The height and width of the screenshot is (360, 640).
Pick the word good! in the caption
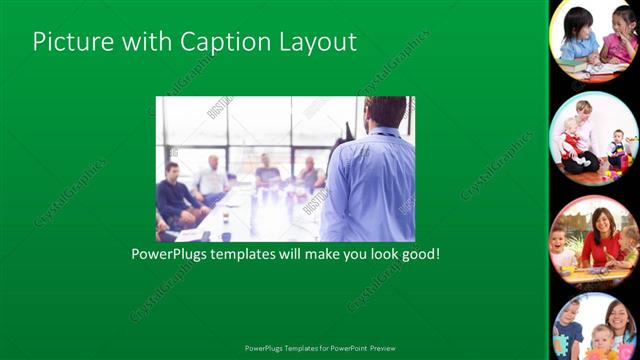[418, 254]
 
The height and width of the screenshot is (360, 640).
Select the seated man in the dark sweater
[177, 195]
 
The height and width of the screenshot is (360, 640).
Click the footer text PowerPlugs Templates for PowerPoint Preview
[320, 348]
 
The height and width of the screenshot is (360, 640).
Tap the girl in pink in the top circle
[616, 45]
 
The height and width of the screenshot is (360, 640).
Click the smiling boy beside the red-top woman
[565, 248]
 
